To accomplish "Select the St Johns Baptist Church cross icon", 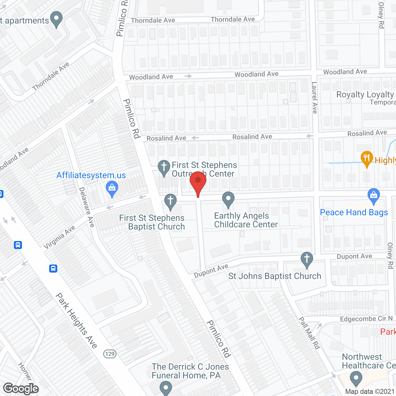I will [x=307, y=259].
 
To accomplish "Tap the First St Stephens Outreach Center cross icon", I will [x=164, y=167].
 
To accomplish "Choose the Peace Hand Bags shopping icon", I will [x=374, y=196].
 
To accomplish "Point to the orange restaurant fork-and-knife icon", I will [x=367, y=158].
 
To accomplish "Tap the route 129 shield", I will [x=110, y=354].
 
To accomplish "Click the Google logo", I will [x=21, y=389].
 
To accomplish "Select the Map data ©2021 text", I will [x=370, y=392].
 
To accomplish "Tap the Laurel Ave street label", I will [x=314, y=98].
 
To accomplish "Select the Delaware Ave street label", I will [x=86, y=207].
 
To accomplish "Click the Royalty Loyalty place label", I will [x=365, y=94].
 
